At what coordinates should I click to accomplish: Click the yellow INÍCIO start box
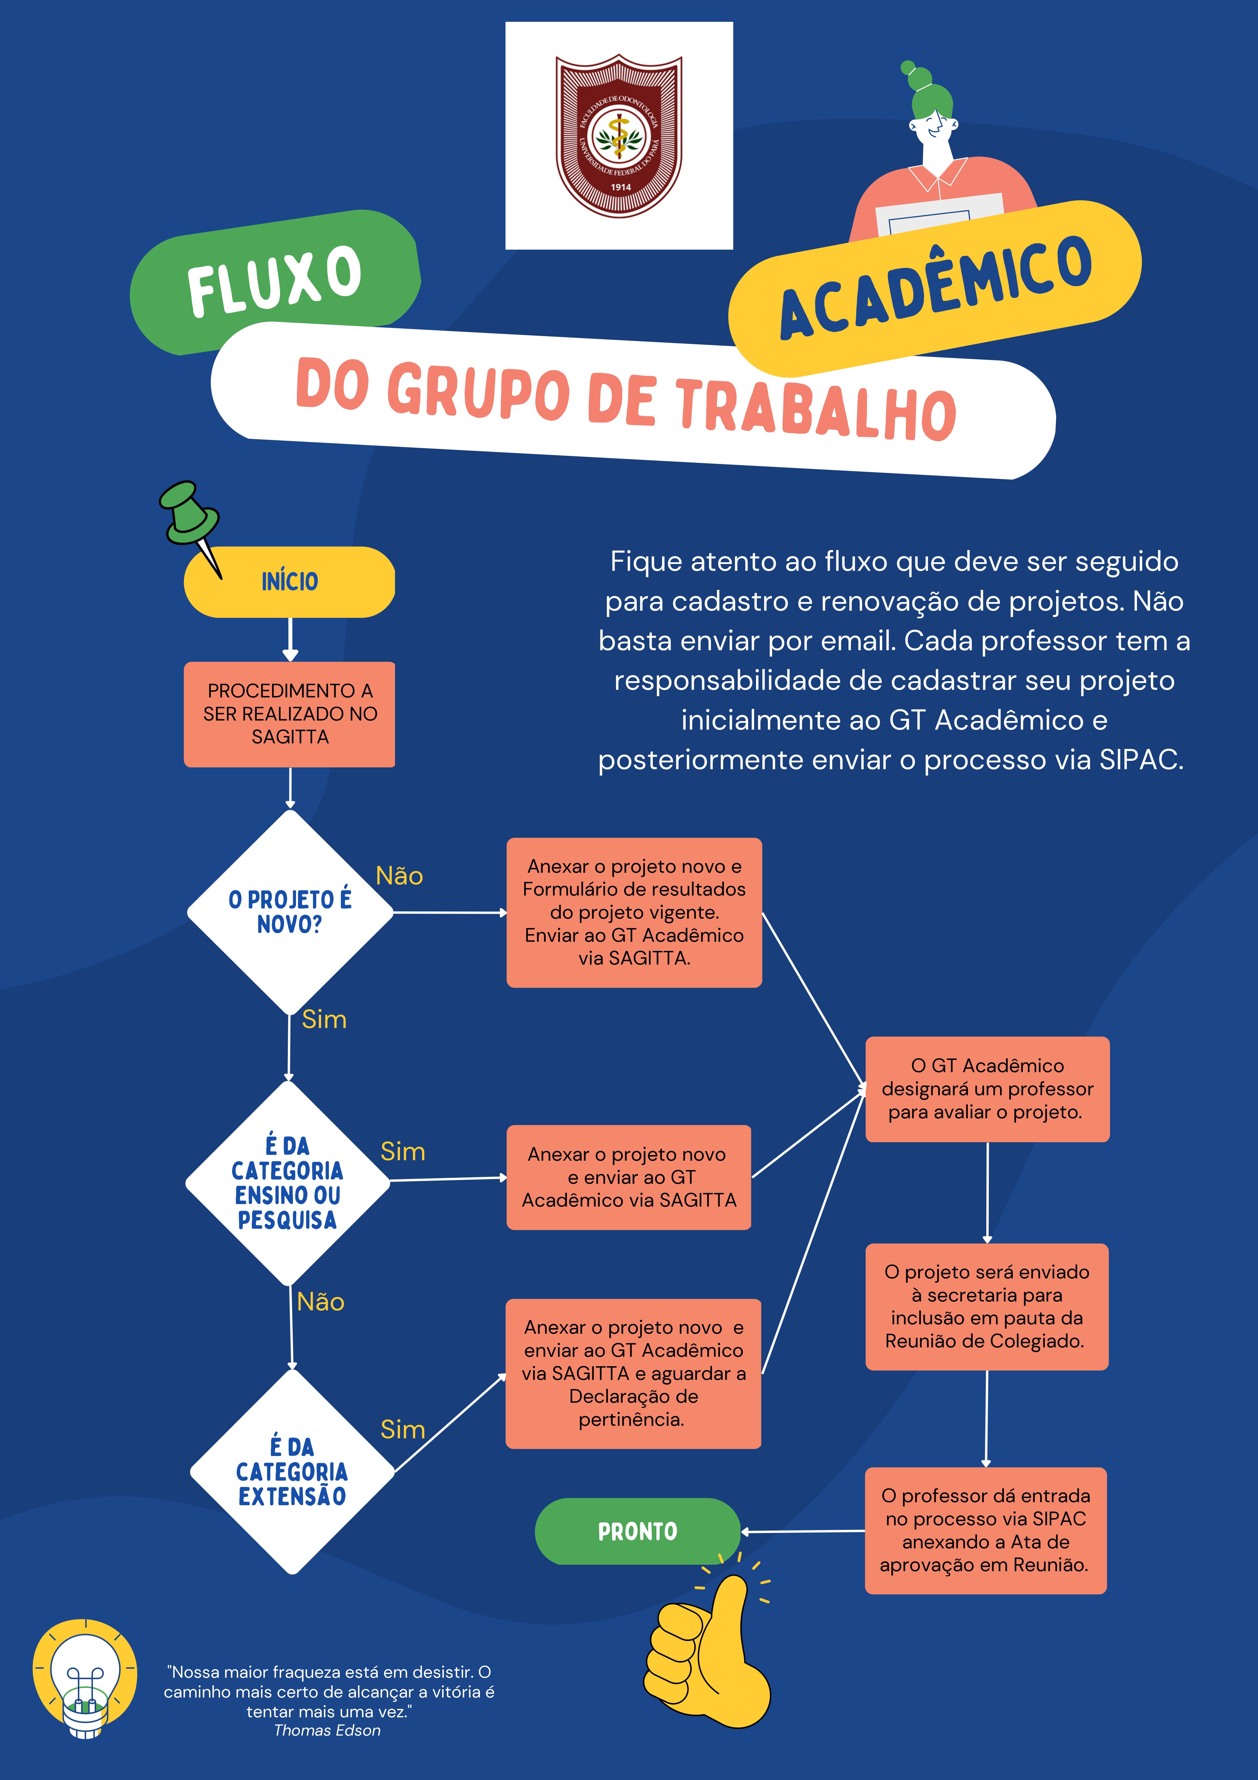click(289, 581)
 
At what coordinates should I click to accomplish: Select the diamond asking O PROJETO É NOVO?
click(290, 913)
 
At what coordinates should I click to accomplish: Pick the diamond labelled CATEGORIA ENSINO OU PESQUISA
click(288, 1183)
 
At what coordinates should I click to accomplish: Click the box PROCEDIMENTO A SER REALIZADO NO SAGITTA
click(289, 714)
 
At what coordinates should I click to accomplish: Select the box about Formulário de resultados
click(634, 913)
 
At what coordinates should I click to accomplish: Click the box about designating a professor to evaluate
click(987, 1089)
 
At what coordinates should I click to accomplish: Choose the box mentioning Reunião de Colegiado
click(987, 1307)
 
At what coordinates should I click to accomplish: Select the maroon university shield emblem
click(619, 136)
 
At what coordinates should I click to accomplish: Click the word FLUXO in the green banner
click(274, 281)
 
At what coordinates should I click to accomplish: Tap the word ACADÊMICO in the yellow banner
click(936, 288)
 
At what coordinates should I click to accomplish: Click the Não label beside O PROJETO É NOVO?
click(399, 876)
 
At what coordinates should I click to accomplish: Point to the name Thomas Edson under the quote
click(327, 1730)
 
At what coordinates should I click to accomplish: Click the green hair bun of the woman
click(918, 79)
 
